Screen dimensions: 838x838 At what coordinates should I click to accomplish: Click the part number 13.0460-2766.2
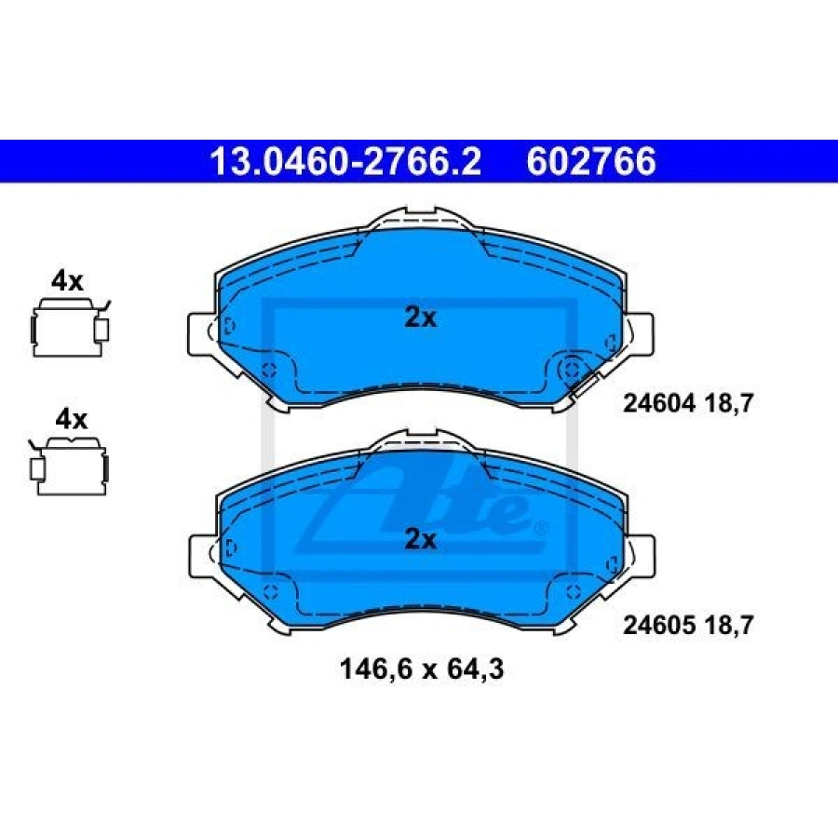(345, 161)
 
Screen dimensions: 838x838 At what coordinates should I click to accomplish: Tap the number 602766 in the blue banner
(591, 161)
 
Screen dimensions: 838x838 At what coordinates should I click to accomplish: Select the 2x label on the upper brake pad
(420, 318)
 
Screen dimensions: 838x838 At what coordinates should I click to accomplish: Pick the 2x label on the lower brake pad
(420, 539)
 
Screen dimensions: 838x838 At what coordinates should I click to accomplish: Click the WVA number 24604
(659, 403)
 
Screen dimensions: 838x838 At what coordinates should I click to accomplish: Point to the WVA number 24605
(659, 625)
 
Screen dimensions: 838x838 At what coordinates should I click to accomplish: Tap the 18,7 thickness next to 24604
(728, 403)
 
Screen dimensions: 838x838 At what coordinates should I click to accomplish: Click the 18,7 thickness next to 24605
(728, 625)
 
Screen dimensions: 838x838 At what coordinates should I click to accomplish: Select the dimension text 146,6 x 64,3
(422, 669)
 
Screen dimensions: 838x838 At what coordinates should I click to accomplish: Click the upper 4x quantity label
(67, 281)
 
